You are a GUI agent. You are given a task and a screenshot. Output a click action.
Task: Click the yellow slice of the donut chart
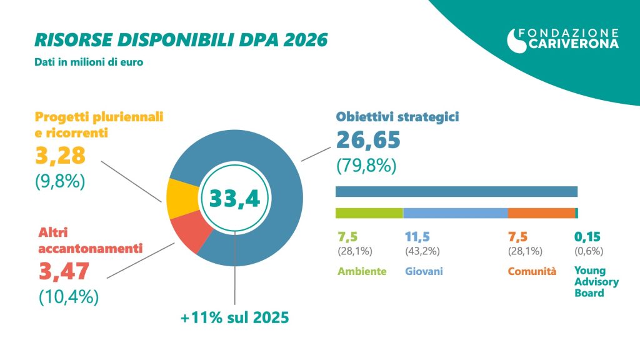(179, 198)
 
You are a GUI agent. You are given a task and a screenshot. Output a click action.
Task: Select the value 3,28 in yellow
(60, 154)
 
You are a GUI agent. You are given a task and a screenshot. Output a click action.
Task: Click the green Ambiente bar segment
(369, 213)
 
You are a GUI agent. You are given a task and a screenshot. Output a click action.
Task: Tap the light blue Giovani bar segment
(455, 213)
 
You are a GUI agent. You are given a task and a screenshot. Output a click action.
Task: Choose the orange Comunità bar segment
(541, 213)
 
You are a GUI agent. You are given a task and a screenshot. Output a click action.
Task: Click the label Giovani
(424, 272)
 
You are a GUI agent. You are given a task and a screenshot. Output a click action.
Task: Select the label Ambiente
(362, 272)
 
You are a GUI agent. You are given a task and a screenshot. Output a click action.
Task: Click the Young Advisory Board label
(596, 281)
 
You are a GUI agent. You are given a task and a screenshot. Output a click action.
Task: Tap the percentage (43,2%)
(423, 251)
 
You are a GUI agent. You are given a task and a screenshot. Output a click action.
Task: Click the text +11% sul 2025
(234, 317)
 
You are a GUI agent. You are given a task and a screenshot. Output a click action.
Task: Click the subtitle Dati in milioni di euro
(84, 62)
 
